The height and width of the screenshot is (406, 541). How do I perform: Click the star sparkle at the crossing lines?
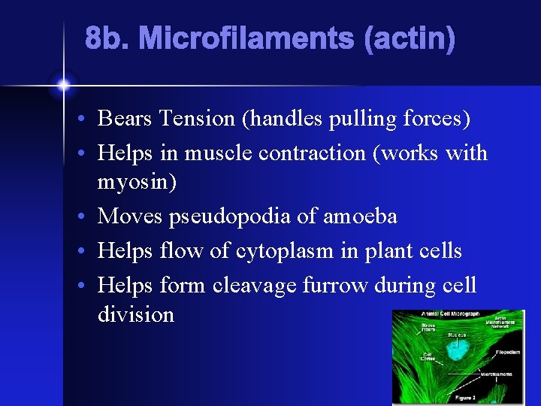click(63, 85)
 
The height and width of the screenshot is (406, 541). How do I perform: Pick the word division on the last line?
click(135, 314)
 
